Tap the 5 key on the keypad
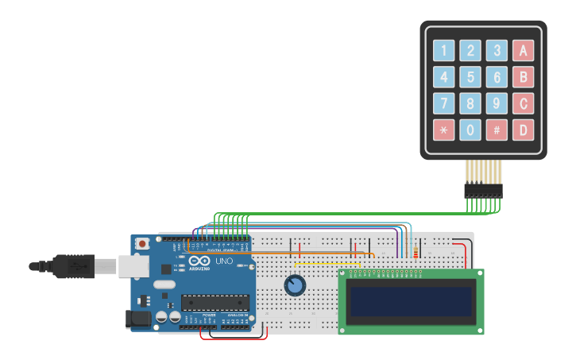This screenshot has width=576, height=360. [470, 77]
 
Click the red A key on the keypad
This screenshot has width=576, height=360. [523, 51]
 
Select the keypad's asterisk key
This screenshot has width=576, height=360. [444, 130]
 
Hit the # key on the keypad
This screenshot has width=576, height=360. [497, 130]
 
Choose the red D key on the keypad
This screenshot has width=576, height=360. [523, 130]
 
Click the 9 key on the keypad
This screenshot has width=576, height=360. [497, 103]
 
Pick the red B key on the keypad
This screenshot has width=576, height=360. [523, 77]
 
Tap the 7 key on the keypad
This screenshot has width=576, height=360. [444, 103]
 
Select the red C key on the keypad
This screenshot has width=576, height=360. [523, 103]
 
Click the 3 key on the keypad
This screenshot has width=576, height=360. [497, 51]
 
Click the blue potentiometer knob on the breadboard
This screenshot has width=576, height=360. [295, 285]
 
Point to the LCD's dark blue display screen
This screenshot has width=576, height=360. [412, 301]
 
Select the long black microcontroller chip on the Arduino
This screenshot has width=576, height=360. [215, 301]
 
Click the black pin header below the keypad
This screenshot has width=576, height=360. [483, 191]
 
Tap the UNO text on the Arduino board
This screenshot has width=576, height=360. [224, 261]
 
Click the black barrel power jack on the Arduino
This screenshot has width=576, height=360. [140, 319]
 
